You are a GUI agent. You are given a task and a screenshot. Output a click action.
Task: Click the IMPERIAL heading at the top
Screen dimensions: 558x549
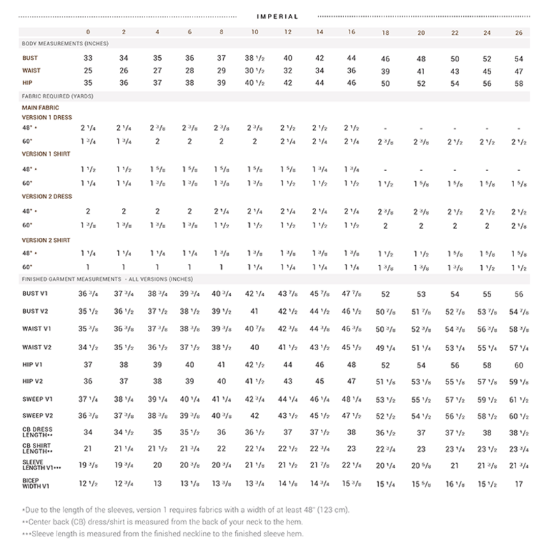point(277,16)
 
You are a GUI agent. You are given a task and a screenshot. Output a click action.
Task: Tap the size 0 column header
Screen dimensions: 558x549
point(88,32)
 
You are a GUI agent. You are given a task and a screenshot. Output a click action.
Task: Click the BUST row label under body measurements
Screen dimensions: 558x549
point(29,59)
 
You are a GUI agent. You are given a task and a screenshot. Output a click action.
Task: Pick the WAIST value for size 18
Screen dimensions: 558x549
point(384,71)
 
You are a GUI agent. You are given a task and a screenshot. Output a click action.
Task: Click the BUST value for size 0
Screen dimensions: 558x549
point(88,59)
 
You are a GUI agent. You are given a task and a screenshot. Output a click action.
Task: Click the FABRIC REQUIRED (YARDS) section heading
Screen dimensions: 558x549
point(58,96)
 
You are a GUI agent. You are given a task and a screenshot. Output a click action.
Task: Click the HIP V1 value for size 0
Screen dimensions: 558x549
point(88,365)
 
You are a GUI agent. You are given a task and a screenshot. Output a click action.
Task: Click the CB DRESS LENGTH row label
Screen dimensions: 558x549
point(38,432)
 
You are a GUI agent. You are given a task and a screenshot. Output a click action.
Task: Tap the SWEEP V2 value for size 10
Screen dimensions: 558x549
point(255,416)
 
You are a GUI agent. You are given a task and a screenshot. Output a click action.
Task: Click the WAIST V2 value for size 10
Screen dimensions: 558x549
point(255,347)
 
